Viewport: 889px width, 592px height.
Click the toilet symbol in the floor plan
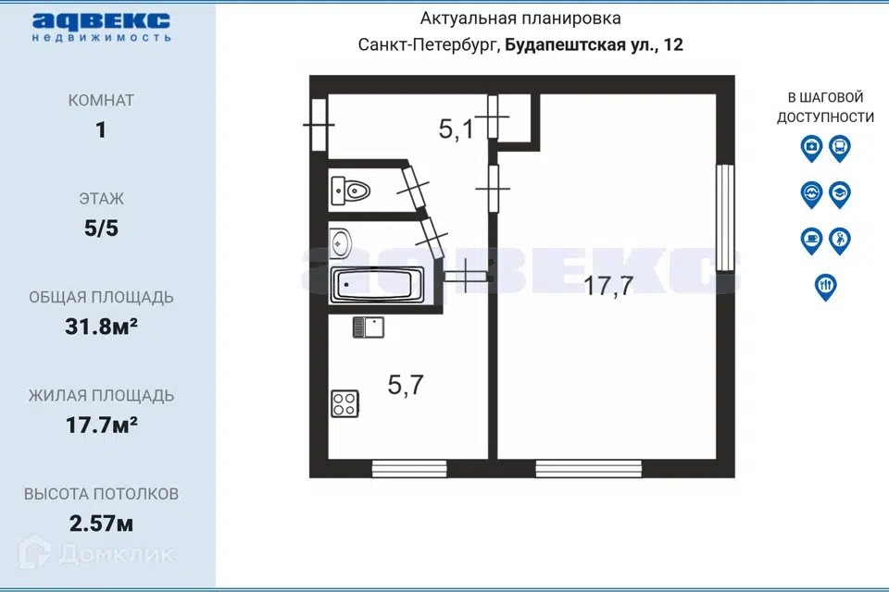coord(350,191)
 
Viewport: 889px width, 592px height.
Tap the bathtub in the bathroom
coord(377,285)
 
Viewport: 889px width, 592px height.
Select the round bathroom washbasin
coord(340,243)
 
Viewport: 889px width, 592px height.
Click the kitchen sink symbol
coord(369,327)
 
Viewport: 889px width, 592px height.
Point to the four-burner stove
coord(344,404)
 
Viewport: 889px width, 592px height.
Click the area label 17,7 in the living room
coord(608,285)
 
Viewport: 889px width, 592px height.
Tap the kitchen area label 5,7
coord(406,385)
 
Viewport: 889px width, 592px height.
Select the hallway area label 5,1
coord(456,129)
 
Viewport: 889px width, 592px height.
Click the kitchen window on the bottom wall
coord(409,468)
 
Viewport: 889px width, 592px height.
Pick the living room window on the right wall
coord(725,217)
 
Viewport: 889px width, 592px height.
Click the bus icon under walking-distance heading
coord(840,148)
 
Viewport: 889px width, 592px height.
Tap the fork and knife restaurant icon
coord(825,288)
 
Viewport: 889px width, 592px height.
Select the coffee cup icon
coord(811,240)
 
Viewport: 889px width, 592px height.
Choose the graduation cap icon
coord(840,194)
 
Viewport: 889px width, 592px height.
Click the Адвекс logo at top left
coord(102,27)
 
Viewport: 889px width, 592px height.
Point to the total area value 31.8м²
coord(102,327)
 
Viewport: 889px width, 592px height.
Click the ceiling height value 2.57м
coord(102,524)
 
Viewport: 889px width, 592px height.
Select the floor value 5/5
coord(102,228)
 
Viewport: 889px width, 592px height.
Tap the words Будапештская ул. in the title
coord(579,45)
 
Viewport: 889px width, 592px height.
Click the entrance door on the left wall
coord(319,125)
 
